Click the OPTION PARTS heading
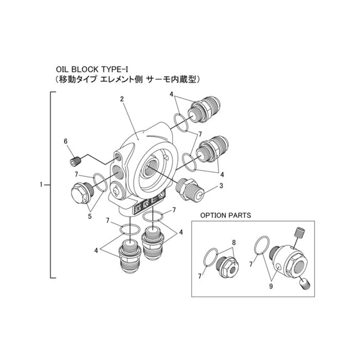coord(225,215)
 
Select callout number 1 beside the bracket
coord(41,184)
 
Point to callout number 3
coord(220,185)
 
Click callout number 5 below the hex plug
coord(90,216)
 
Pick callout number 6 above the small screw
coord(66,141)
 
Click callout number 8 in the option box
coord(234,243)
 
